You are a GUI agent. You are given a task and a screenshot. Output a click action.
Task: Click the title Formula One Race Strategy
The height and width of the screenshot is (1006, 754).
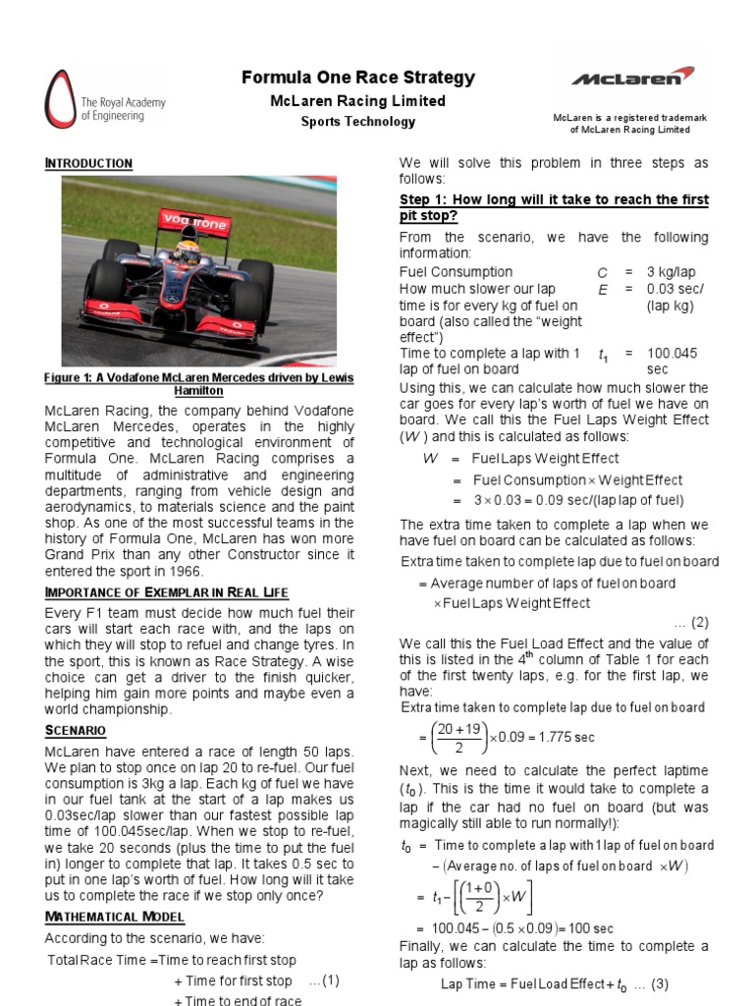click(358, 78)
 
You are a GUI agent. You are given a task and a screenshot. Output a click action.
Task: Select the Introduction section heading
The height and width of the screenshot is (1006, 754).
click(88, 163)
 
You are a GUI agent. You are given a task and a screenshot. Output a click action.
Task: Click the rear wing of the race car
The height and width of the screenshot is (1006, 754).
click(194, 222)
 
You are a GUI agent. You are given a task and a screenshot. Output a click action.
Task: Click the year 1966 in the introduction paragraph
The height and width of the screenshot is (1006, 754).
click(181, 571)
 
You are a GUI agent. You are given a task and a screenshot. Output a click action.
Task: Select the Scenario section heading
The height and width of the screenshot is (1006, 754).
click(76, 731)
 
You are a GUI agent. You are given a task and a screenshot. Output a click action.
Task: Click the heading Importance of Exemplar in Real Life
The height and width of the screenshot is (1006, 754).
click(167, 591)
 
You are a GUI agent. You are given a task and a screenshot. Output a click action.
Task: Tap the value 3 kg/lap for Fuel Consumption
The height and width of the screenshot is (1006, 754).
click(676, 272)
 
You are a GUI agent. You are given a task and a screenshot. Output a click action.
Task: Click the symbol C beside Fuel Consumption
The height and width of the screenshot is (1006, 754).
click(602, 272)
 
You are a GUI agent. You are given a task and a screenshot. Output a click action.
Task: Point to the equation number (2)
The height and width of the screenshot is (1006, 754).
click(698, 622)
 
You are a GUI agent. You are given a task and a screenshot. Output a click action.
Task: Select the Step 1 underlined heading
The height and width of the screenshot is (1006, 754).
click(553, 207)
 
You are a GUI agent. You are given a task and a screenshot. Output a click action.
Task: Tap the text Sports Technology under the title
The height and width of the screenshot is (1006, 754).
click(358, 122)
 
